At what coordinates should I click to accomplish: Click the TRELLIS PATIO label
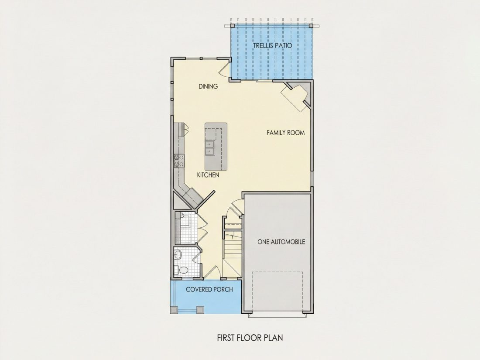coord(272,46)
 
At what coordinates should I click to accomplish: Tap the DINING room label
coord(208,86)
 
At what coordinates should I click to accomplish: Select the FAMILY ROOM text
coord(286,133)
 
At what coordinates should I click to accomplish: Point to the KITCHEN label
coord(208,175)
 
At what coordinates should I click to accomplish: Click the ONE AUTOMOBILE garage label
coord(281,242)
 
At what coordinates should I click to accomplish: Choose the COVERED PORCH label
coord(209,289)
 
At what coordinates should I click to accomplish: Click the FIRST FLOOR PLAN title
coord(250,338)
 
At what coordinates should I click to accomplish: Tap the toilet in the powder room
coord(182,270)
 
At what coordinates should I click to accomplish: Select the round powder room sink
coord(178,254)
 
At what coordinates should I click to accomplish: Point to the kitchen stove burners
coord(179,161)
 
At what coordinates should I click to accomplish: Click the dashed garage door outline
coord(278,291)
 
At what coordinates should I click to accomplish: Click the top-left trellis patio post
coord(232,26)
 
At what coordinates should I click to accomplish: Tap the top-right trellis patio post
coord(311,26)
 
